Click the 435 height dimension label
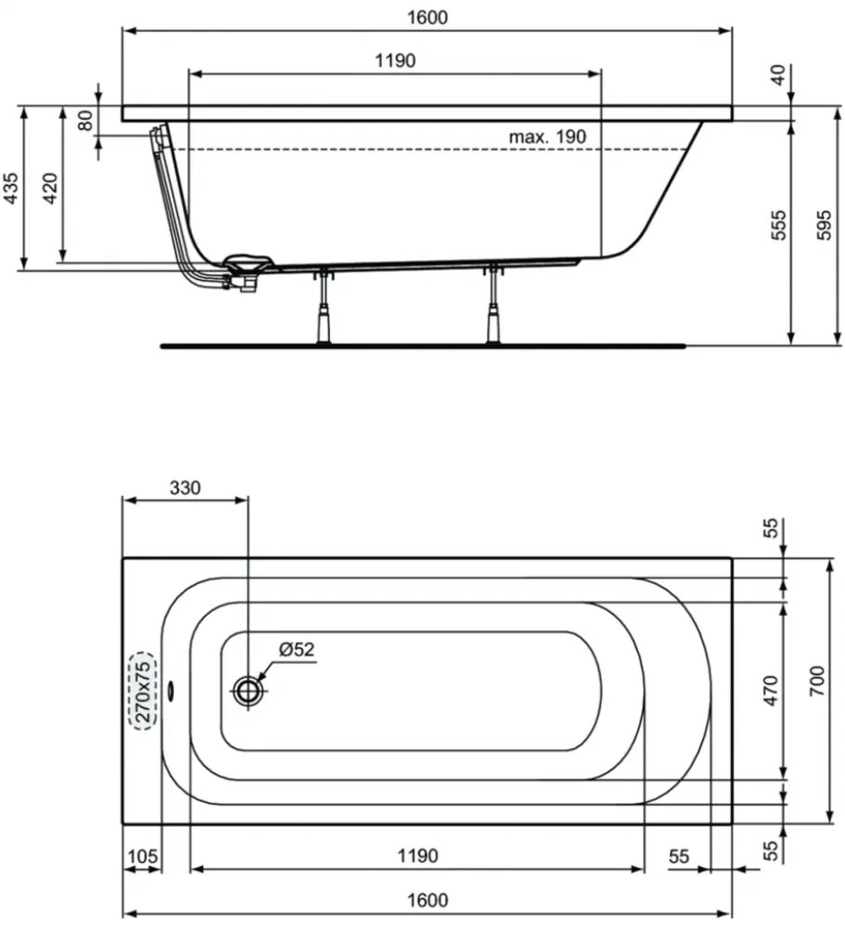[x=11, y=188]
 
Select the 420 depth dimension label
[x=50, y=188]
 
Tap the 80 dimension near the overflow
[x=86, y=121]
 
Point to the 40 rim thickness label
[x=779, y=75]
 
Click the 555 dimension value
[x=779, y=225]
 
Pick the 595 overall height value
[x=824, y=225]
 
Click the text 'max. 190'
[x=547, y=137]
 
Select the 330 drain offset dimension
[x=186, y=488]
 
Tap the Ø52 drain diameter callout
[x=297, y=649]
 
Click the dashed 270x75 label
[x=143, y=692]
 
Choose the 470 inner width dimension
[x=771, y=691]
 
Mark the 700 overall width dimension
[x=816, y=680]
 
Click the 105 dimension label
[x=143, y=856]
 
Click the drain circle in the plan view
[x=248, y=691]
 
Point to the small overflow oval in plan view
[x=172, y=691]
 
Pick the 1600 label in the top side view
[x=428, y=18]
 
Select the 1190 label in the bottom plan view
[x=417, y=856]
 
